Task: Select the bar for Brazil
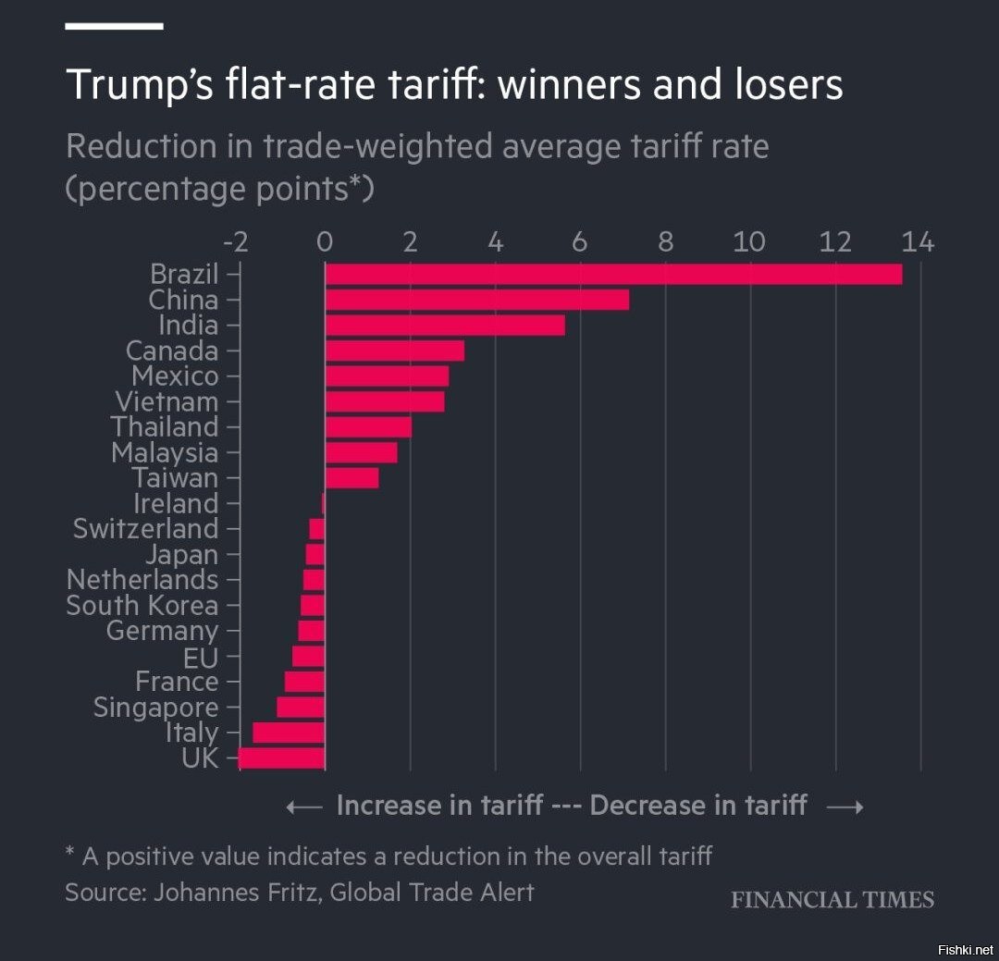613,275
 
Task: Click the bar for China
476,300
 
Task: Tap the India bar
445,326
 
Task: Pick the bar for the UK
281,758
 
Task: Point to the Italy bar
289,733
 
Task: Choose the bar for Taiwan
351,478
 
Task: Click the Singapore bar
301,708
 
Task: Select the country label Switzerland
145,529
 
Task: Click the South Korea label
142,606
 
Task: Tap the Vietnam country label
166,402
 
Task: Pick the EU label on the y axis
201,657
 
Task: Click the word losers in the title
784,85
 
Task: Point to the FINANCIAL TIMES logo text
832,900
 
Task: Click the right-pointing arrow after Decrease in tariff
845,807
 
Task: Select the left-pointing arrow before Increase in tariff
304,807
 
